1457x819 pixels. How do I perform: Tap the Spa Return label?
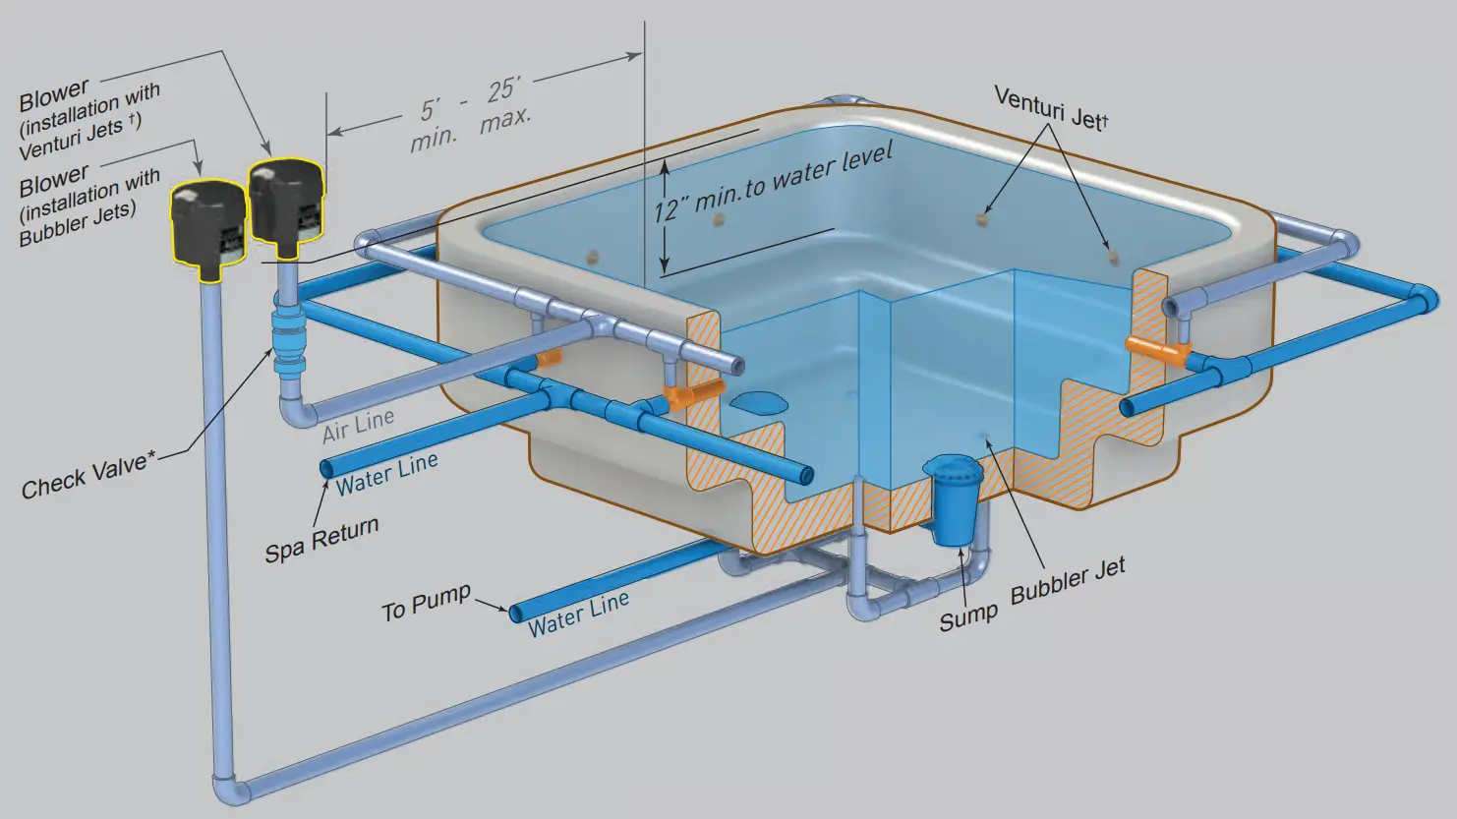[321, 540]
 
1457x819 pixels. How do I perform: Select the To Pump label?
[426, 603]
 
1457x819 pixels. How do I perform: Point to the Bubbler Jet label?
[1068, 581]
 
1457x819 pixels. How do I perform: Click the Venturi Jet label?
[1050, 108]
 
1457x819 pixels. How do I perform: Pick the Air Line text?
[359, 425]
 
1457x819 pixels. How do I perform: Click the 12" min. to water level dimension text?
[774, 183]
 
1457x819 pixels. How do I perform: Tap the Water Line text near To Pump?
[578, 614]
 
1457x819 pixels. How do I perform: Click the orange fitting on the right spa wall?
[1156, 350]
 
